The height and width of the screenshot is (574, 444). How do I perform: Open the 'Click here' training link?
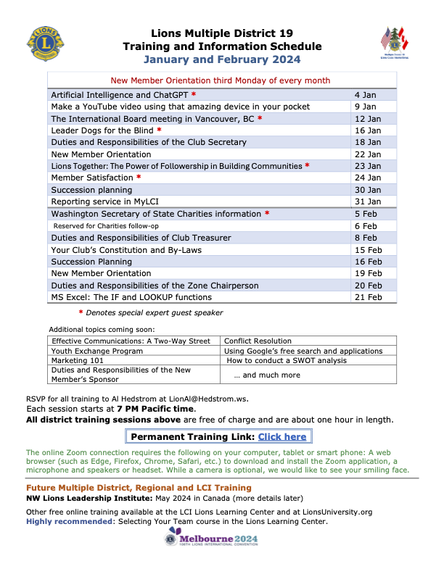click(x=282, y=437)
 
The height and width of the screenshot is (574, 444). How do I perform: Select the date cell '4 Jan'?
click(x=365, y=95)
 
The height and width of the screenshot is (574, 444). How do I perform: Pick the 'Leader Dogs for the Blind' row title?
click(x=102, y=130)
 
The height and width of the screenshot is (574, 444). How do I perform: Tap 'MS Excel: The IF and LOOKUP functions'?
click(x=131, y=297)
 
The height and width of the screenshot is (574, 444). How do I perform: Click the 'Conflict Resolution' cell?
click(x=258, y=341)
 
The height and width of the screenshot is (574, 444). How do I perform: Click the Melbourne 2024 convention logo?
click(x=211, y=540)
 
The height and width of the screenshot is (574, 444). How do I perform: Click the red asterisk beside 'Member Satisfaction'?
click(x=139, y=178)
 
